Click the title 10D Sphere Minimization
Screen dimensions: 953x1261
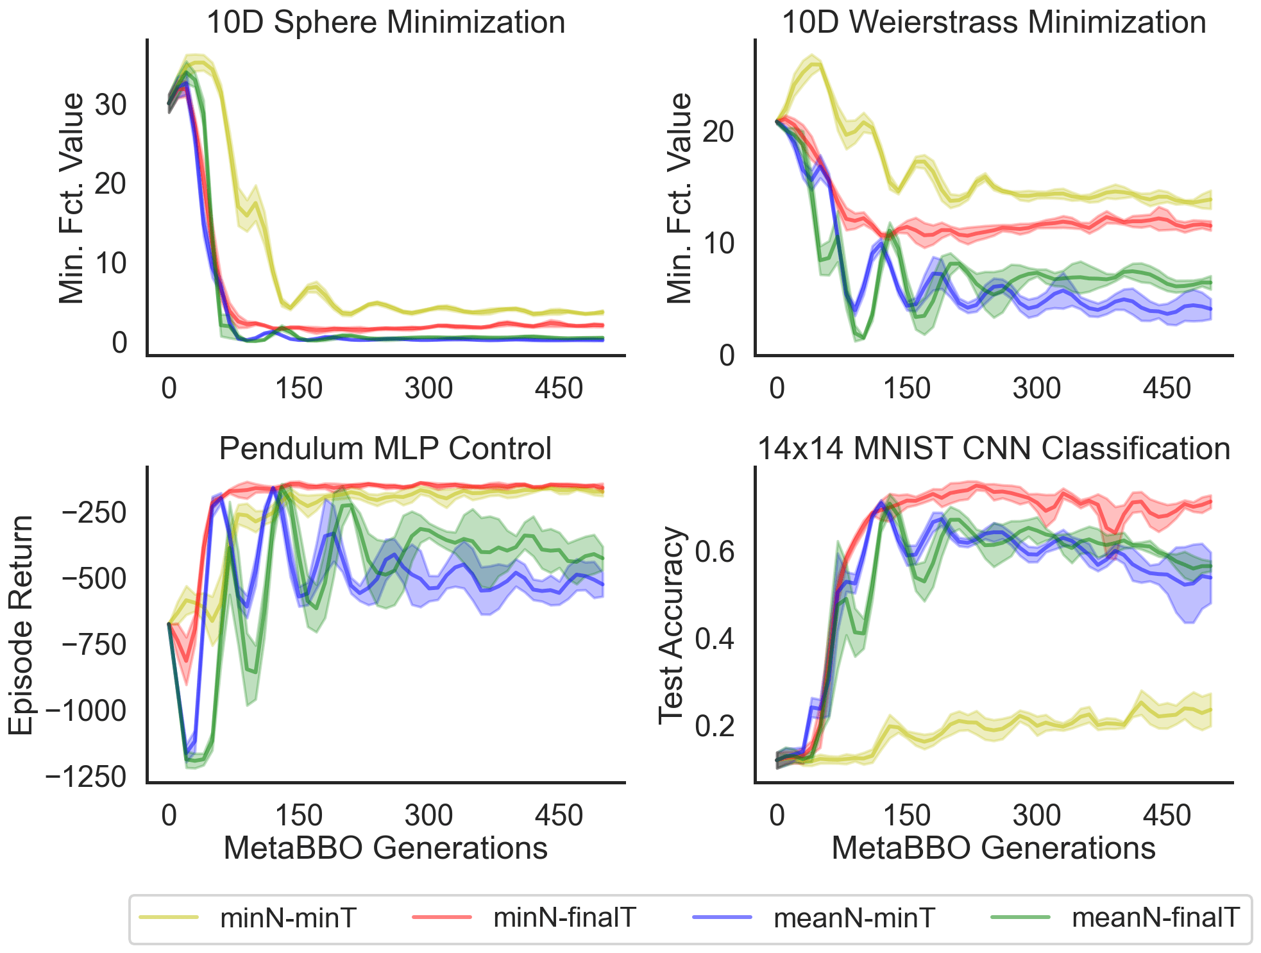[385, 22]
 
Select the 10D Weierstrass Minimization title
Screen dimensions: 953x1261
[994, 22]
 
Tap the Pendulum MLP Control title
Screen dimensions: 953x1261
[385, 448]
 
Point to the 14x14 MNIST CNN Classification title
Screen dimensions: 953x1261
[994, 448]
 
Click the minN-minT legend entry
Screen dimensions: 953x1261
[287, 918]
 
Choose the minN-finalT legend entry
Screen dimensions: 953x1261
[564, 918]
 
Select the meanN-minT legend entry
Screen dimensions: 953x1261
[854, 918]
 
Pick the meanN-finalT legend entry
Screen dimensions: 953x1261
[1155, 918]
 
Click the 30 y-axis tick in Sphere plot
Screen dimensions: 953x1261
[111, 105]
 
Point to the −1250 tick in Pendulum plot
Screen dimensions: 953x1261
[86, 777]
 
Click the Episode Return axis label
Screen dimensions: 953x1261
[21, 625]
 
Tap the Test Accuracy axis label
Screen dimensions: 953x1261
[672, 625]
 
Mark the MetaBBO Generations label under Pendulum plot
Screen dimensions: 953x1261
[385, 848]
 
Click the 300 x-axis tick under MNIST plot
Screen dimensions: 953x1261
[1037, 816]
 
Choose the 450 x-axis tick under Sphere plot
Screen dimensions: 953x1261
[559, 389]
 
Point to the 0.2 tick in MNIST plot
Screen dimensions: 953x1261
[715, 726]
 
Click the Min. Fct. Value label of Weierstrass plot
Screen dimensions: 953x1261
[680, 198]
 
